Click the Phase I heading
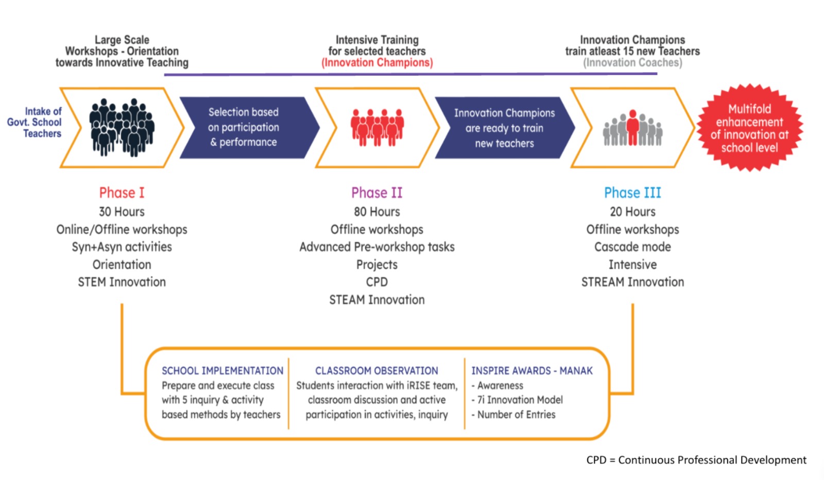click(x=122, y=193)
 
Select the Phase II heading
click(x=376, y=193)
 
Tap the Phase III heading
click(x=632, y=193)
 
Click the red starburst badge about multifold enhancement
click(x=749, y=128)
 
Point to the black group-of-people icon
click(x=122, y=127)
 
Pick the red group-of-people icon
click(x=377, y=127)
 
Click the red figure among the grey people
click(x=632, y=127)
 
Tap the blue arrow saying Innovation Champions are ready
click(x=504, y=128)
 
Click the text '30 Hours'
click(x=122, y=212)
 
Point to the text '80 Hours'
click(x=376, y=212)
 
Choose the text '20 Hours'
click(x=632, y=212)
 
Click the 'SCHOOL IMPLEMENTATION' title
click(x=222, y=371)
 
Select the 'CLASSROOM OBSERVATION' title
click(x=376, y=371)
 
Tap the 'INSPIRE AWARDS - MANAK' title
click(x=532, y=371)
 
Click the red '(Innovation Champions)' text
click(x=377, y=63)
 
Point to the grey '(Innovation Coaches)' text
click(x=632, y=63)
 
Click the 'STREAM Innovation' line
click(x=632, y=282)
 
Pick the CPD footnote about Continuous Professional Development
click(x=696, y=460)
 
